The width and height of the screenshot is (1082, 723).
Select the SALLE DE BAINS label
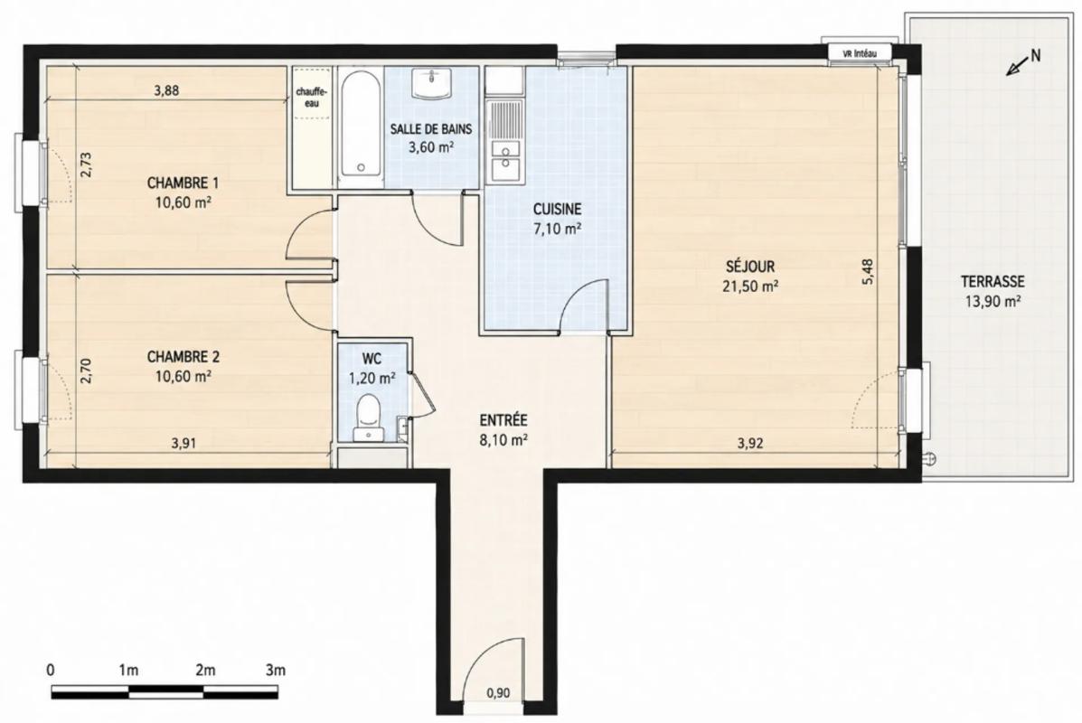pyautogui.click(x=431, y=129)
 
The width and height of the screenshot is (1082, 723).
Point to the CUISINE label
pyautogui.click(x=557, y=209)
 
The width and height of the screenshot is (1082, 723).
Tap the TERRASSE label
pyautogui.click(x=993, y=281)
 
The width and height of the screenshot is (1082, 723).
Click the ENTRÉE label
pyautogui.click(x=503, y=419)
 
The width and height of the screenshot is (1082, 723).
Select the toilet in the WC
pyautogui.click(x=367, y=418)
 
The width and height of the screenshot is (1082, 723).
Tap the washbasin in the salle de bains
pyautogui.click(x=432, y=83)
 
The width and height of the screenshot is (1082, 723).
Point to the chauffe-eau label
pyautogui.click(x=312, y=98)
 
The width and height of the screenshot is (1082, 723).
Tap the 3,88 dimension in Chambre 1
pyautogui.click(x=166, y=89)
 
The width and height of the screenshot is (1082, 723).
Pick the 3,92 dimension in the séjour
pyautogui.click(x=750, y=444)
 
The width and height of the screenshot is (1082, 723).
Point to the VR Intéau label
pyautogui.click(x=859, y=52)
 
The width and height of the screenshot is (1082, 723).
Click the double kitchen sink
pyautogui.click(x=504, y=159)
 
